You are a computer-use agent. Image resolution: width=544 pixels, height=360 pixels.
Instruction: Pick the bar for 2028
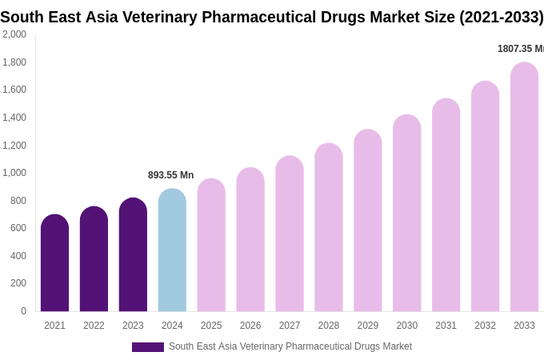328,227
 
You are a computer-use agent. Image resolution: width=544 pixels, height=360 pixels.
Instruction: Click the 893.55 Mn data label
170,175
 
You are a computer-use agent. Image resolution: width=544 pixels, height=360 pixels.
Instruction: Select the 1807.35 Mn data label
520,49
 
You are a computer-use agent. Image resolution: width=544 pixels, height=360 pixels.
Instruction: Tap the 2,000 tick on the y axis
14,34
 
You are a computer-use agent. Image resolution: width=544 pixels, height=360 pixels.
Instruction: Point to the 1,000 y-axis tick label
14,173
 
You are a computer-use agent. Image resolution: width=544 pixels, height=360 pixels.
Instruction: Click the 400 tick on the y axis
18,256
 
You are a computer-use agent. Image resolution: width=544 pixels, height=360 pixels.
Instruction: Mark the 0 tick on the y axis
23,311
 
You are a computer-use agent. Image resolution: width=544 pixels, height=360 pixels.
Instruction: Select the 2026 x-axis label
250,326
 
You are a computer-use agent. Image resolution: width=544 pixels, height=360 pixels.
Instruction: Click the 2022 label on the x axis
94,326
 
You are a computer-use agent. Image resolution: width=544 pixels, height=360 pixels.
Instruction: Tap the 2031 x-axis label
446,326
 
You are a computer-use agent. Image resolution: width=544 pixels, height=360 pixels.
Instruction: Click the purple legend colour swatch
148,347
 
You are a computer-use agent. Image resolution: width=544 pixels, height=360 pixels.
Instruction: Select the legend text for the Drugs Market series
290,346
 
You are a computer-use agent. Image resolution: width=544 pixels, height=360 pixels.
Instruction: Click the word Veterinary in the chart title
158,17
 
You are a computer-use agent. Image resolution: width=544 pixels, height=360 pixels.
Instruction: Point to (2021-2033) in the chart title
501,17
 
